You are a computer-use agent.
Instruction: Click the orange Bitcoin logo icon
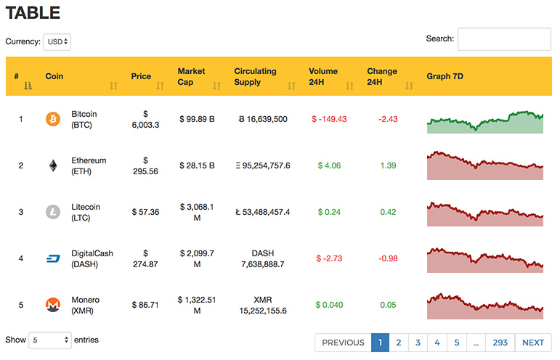pyautogui.click(x=53, y=119)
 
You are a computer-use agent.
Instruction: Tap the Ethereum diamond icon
pyautogui.click(x=53, y=165)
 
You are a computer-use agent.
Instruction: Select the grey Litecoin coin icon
pyautogui.click(x=53, y=212)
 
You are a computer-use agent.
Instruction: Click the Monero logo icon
pyautogui.click(x=53, y=305)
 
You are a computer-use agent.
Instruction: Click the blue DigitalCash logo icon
pyautogui.click(x=53, y=258)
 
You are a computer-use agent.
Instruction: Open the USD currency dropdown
pyautogui.click(x=57, y=42)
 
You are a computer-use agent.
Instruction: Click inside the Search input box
pyautogui.click(x=504, y=39)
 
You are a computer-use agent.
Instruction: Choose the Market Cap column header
pyautogui.click(x=192, y=76)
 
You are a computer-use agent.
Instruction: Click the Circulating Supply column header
pyautogui.click(x=255, y=76)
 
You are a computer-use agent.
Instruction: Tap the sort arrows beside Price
pyautogui.click(x=160, y=86)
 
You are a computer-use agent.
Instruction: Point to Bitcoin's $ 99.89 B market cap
pyautogui.click(x=197, y=119)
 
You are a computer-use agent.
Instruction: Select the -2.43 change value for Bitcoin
pyautogui.click(x=388, y=119)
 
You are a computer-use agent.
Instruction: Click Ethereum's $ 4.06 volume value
pyautogui.click(x=329, y=165)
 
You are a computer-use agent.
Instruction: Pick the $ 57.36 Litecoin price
pyautogui.click(x=145, y=212)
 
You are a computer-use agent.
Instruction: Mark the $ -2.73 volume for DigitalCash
pyautogui.click(x=329, y=258)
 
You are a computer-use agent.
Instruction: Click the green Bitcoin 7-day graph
pyautogui.click(x=485, y=122)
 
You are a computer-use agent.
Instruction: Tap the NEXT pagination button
pyautogui.click(x=533, y=343)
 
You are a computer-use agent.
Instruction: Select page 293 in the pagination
pyautogui.click(x=500, y=343)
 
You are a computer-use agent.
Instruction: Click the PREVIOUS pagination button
pyautogui.click(x=344, y=343)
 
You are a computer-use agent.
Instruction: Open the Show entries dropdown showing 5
pyautogui.click(x=50, y=340)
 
